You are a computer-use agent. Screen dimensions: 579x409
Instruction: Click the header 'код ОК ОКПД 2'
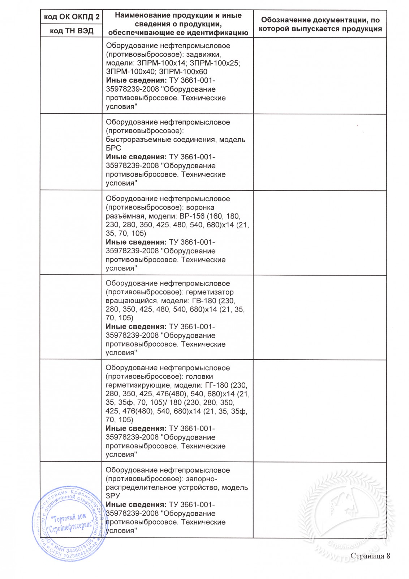coord(71,17)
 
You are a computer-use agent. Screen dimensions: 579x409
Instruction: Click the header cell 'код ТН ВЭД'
coord(71,31)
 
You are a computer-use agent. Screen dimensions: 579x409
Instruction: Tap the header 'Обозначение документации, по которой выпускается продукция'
coord(320,24)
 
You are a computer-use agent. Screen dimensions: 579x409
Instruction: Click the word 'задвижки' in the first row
coord(204,55)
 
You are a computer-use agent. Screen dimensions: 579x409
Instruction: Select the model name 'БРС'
coord(113,148)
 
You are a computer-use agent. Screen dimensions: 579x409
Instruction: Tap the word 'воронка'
coord(200,207)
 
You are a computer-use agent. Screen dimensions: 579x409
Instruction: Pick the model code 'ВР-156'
coord(191,216)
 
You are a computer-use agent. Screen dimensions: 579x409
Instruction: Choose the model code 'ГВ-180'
coord(203,301)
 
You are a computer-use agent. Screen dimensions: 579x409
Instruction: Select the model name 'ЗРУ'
coord(113,496)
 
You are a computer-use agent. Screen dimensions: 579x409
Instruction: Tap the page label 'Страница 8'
coord(370,556)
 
